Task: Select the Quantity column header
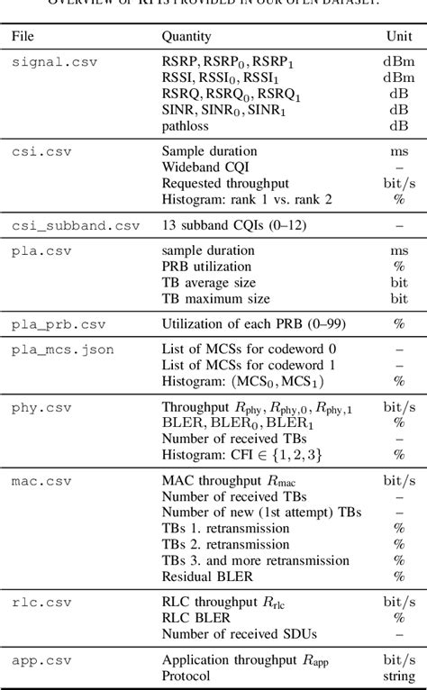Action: click(186, 37)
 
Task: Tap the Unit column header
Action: click(398, 37)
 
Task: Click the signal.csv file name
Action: click(54, 62)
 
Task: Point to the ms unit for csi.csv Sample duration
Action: click(398, 151)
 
